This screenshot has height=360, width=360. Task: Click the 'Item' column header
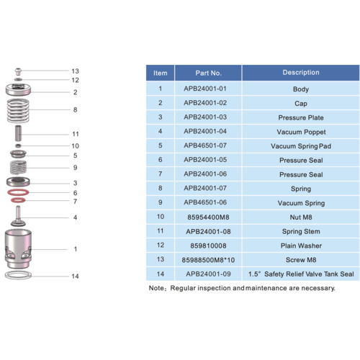coord(161,73)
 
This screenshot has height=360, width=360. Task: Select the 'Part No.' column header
coord(208,73)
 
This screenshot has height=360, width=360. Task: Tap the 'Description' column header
coord(300,73)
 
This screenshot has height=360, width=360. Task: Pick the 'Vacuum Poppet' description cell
coord(301,132)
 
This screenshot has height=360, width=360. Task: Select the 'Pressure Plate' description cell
coord(301,117)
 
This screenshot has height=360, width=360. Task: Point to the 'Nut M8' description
coord(301,216)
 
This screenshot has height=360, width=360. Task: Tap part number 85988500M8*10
coord(207,259)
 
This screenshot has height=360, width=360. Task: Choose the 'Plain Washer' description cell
coord(301,245)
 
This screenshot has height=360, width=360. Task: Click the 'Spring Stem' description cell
coord(301,231)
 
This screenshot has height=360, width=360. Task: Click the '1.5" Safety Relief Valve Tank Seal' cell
coord(300,274)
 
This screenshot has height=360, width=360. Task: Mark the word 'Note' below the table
coord(156,287)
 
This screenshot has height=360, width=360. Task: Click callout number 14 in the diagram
coord(75,276)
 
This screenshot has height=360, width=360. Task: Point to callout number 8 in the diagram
coord(75,110)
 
